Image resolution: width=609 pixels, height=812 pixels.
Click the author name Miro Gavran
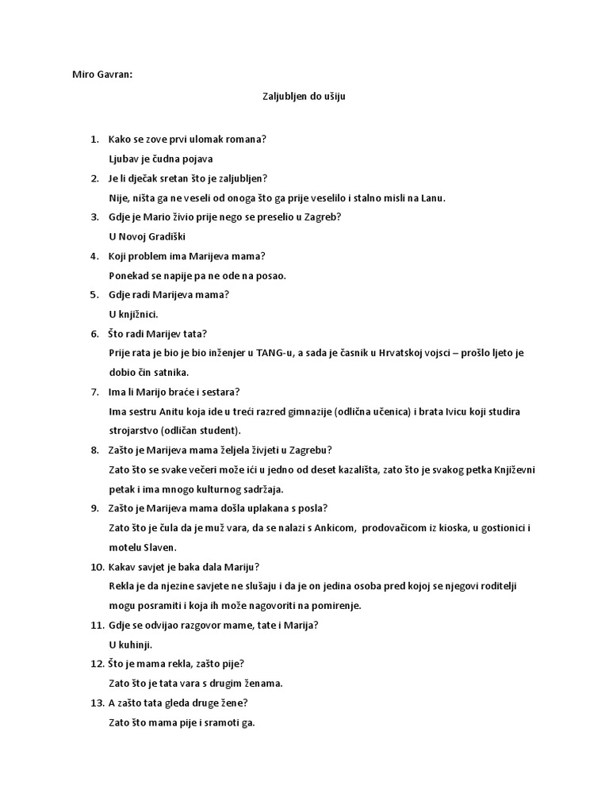[98, 75]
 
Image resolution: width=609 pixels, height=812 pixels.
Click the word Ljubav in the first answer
[122, 159]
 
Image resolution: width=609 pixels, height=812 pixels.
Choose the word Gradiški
[167, 237]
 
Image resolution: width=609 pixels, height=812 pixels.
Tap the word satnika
[170, 373]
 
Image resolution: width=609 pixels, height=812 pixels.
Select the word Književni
[515, 469]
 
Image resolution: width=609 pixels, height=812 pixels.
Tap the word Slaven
[159, 547]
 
